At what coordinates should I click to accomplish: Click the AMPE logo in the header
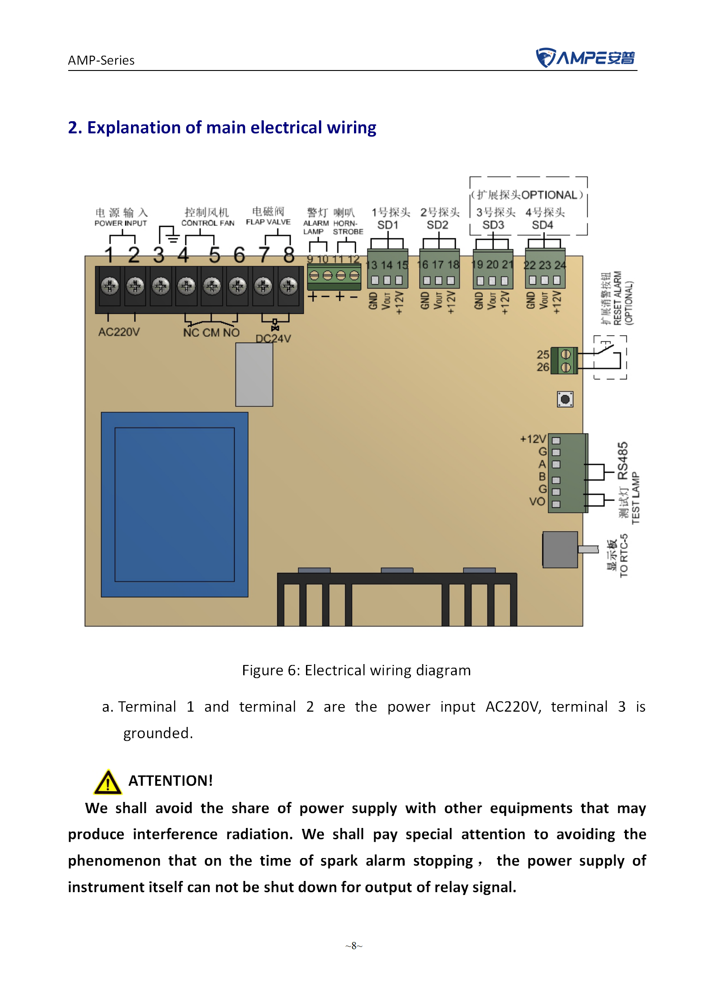pyautogui.click(x=585, y=57)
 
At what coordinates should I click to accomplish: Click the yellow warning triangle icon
pyautogui.click(x=108, y=782)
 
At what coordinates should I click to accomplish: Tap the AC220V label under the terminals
pyautogui.click(x=119, y=332)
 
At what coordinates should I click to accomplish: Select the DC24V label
pyautogui.click(x=273, y=339)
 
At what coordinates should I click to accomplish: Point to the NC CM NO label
pyautogui.click(x=211, y=333)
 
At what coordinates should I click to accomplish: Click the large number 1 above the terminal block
pyautogui.click(x=109, y=255)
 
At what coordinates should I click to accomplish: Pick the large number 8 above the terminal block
pyautogui.click(x=289, y=255)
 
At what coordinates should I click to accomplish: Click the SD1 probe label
pyautogui.click(x=388, y=225)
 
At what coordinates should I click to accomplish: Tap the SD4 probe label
pyautogui.click(x=542, y=225)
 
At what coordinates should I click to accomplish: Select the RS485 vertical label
pyautogui.click(x=623, y=461)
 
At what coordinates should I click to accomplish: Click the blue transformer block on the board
pyautogui.click(x=175, y=505)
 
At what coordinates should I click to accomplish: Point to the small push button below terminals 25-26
pyautogui.click(x=565, y=399)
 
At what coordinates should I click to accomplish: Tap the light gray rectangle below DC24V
pyautogui.click(x=254, y=374)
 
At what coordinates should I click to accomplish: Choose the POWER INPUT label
pyautogui.click(x=121, y=223)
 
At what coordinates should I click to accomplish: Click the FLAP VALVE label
pyautogui.click(x=268, y=222)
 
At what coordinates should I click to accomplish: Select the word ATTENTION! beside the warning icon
pyautogui.click(x=170, y=781)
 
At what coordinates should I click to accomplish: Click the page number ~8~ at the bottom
pyautogui.click(x=354, y=946)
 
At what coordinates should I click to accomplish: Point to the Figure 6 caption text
pyautogui.click(x=356, y=670)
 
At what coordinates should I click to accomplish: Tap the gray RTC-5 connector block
pyautogui.click(x=560, y=550)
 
